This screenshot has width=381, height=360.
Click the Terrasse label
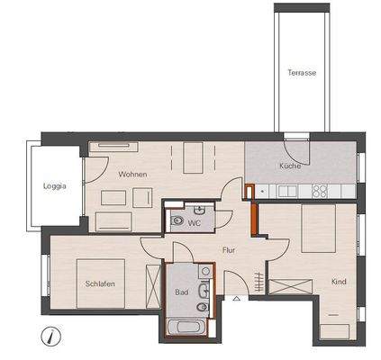tap(302, 73)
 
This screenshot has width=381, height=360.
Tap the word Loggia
tap(55, 187)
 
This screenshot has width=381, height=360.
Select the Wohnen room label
tap(132, 174)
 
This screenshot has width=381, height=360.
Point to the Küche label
tap(289, 166)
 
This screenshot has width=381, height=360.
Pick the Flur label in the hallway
tap(229, 251)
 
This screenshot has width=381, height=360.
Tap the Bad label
tap(181, 293)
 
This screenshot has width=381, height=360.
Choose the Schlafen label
tap(100, 283)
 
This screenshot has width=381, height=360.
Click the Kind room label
tap(339, 282)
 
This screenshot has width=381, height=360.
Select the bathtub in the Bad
tap(191, 328)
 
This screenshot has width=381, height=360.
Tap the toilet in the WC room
tap(177, 219)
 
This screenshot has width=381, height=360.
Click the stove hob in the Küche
tap(320, 190)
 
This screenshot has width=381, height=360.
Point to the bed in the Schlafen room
tap(101, 280)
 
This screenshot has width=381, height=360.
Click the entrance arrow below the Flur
tap(236, 298)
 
